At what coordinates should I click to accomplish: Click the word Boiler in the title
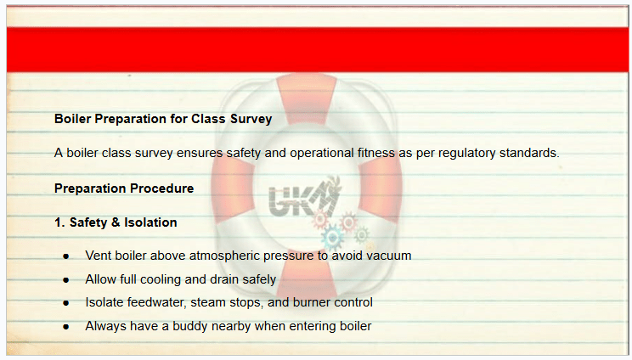[72, 119]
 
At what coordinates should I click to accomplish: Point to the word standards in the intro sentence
[529, 153]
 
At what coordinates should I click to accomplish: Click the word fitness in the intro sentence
[376, 153]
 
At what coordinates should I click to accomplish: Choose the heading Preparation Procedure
[124, 188]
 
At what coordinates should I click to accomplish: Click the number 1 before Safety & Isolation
[58, 222]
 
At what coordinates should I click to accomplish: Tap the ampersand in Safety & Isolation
[116, 222]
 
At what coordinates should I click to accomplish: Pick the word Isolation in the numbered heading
[150, 222]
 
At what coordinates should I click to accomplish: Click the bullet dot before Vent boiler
[66, 256]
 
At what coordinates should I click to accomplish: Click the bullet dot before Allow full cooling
[66, 280]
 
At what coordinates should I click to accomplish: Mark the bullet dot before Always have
[66, 327]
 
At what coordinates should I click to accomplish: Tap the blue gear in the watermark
[333, 238]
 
